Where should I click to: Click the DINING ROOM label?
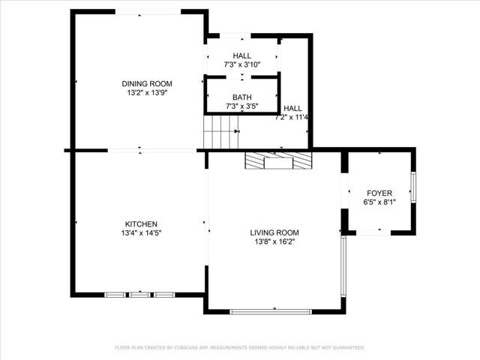click(x=147, y=83)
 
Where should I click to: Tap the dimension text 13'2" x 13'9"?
click(x=147, y=93)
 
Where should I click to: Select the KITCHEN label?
click(x=141, y=223)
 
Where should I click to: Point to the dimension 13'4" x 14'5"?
click(x=141, y=233)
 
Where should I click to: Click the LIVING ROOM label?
click(x=274, y=232)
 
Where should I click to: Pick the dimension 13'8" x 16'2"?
click(x=274, y=241)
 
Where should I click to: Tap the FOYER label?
click(x=379, y=193)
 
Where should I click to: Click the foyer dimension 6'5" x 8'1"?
click(x=379, y=202)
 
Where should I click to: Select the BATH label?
click(x=242, y=97)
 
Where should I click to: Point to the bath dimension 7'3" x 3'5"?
click(x=242, y=106)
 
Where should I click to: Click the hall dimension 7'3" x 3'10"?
click(x=242, y=65)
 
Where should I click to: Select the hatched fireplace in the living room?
click(x=278, y=160)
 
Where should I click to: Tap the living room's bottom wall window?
click(x=271, y=311)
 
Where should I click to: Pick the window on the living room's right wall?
click(x=343, y=268)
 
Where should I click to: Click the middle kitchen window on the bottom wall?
click(x=140, y=295)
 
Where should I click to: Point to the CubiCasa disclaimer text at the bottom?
click(x=240, y=348)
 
